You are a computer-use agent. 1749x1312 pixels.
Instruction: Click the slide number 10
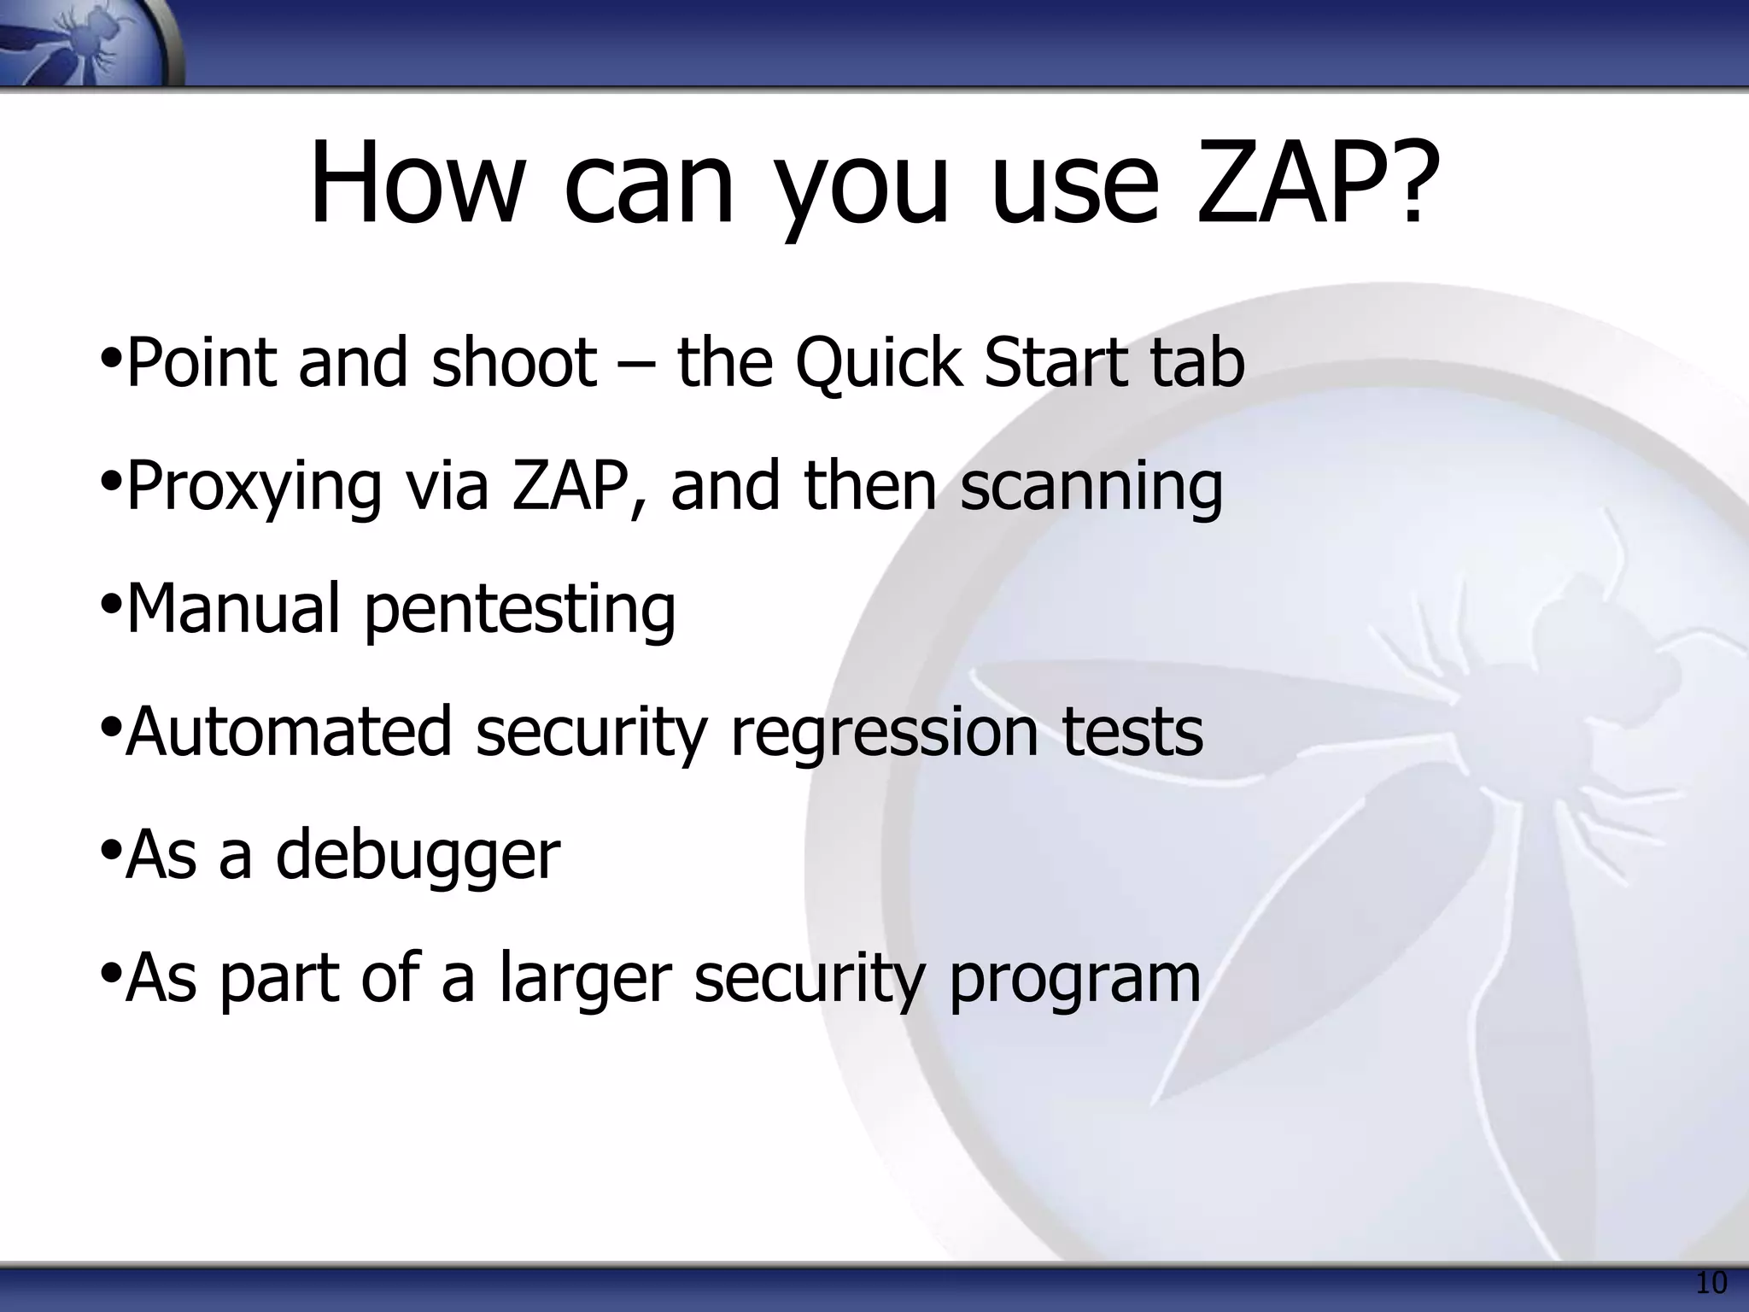point(1711,1283)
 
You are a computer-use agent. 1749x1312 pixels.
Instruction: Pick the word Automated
point(288,732)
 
